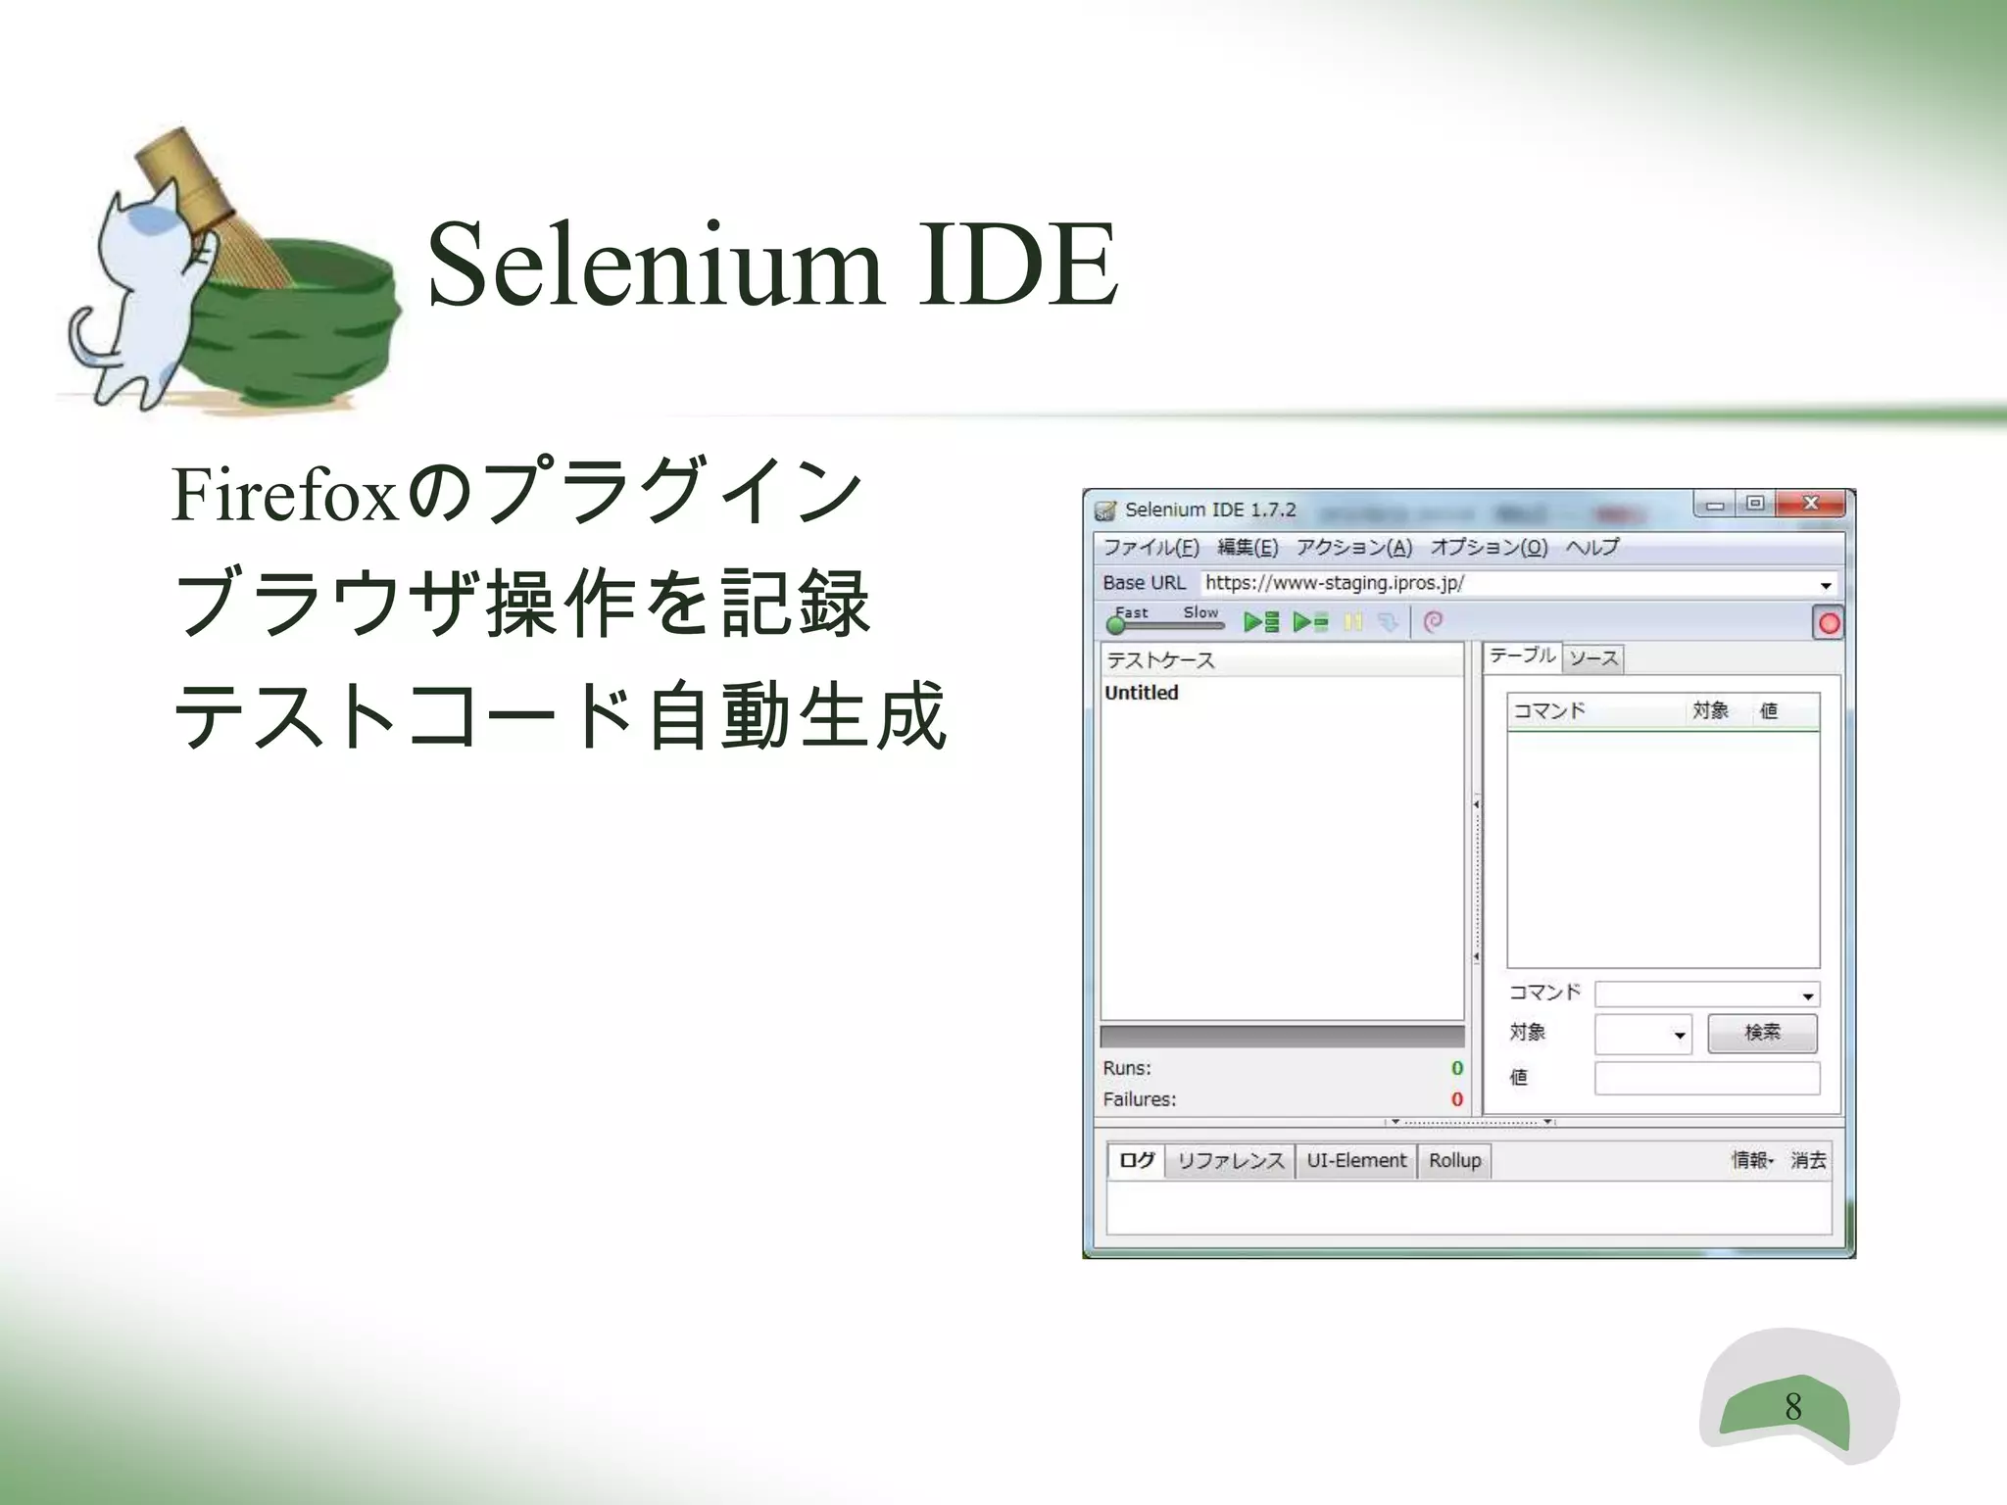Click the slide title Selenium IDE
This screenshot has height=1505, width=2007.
[x=772, y=265]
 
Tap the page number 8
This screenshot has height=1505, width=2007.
[x=1792, y=1407]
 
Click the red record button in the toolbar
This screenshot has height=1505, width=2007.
[x=1828, y=624]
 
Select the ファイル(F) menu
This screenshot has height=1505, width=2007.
[x=1150, y=547]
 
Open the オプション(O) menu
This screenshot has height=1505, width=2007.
[x=1488, y=547]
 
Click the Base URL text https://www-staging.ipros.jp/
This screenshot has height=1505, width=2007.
[x=1334, y=583]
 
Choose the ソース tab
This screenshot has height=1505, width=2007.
[x=1593, y=658]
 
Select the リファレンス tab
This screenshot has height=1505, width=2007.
[x=1230, y=1161]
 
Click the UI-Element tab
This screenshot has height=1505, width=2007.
[x=1355, y=1161]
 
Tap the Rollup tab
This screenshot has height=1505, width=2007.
[x=1454, y=1161]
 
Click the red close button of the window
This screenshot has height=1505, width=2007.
[x=1810, y=504]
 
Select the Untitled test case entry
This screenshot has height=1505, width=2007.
[x=1141, y=693]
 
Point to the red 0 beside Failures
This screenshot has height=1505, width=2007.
[x=1456, y=1099]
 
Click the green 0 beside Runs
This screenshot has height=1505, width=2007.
[x=1456, y=1068]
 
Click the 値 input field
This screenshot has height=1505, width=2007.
[x=1706, y=1078]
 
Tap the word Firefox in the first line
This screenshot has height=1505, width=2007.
[x=284, y=495]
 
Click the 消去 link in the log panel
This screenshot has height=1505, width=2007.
[x=1808, y=1161]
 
